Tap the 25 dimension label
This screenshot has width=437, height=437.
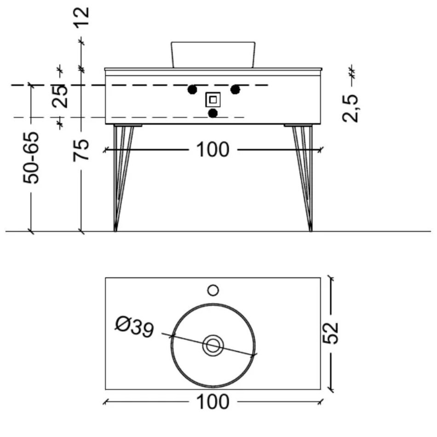[x=60, y=96]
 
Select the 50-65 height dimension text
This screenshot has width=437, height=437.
[x=31, y=158]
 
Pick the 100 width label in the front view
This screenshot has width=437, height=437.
[x=213, y=150]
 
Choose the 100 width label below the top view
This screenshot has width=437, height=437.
[x=213, y=402]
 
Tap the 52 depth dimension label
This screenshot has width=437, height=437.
[x=330, y=333]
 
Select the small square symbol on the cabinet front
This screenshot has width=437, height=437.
[x=213, y=99]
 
